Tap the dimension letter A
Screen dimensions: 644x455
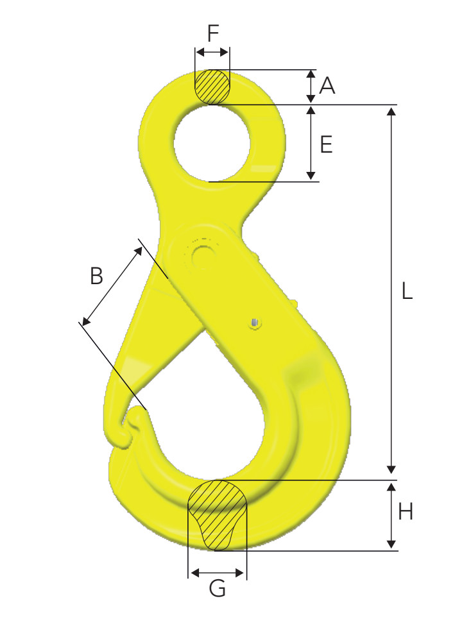tap(327, 85)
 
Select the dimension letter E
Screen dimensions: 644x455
tap(326, 145)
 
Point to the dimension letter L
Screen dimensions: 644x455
tap(406, 292)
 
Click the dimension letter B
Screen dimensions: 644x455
tap(96, 276)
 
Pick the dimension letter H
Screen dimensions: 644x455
tap(406, 512)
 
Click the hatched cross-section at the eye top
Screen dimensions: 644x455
tap(212, 87)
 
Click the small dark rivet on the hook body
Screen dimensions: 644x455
tap(256, 322)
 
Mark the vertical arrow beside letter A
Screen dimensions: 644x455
tap(310, 86)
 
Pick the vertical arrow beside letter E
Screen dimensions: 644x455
tap(311, 142)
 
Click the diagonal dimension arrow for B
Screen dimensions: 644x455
tap(112, 285)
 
